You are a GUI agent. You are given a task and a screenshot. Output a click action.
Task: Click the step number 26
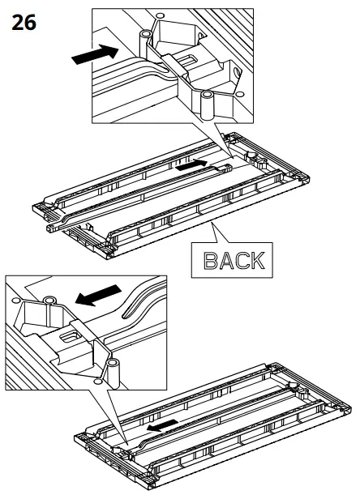[x=24, y=23]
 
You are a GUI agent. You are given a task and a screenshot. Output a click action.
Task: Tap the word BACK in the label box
[x=234, y=261]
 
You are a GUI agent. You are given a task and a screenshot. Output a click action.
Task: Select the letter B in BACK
[x=211, y=261]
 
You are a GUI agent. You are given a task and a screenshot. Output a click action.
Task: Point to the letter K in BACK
[x=257, y=261]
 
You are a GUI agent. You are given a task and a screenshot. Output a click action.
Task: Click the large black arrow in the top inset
[x=95, y=54]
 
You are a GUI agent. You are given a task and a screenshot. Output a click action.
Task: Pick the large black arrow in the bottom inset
[x=98, y=295]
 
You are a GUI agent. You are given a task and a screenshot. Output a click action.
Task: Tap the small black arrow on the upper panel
[x=192, y=164]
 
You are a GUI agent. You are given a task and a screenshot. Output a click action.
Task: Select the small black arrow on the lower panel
[x=162, y=425]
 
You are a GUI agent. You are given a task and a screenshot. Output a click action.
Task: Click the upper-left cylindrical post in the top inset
[x=145, y=43]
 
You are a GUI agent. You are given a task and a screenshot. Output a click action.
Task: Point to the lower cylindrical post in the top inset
[x=208, y=104]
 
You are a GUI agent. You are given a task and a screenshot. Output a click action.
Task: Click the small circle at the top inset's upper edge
[x=160, y=15]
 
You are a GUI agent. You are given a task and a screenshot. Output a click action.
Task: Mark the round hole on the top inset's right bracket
[x=238, y=73]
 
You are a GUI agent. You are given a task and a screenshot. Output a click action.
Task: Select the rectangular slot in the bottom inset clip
[x=71, y=337]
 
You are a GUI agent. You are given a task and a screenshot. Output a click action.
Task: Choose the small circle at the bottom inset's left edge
[x=15, y=300]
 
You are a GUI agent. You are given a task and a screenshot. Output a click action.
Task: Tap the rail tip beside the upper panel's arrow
[x=226, y=168]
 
